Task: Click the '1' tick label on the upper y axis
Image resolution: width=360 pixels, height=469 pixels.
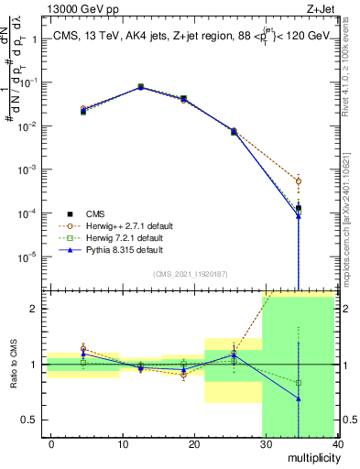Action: click(x=35, y=39)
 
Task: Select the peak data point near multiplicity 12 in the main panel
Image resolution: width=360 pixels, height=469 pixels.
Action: click(x=140, y=87)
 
